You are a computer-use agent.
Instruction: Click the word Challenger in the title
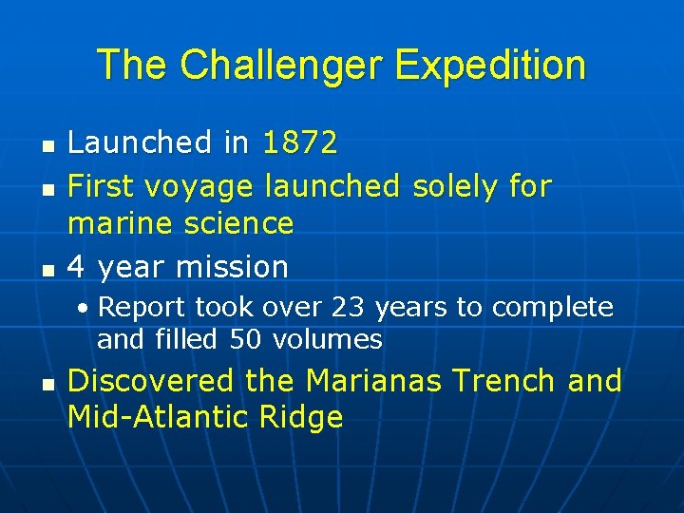click(280, 65)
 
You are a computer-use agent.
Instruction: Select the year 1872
click(299, 143)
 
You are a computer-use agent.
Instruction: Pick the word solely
click(455, 186)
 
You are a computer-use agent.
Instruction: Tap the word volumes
click(327, 339)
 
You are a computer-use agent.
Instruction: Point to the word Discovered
click(151, 381)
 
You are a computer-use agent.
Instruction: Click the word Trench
click(503, 381)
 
